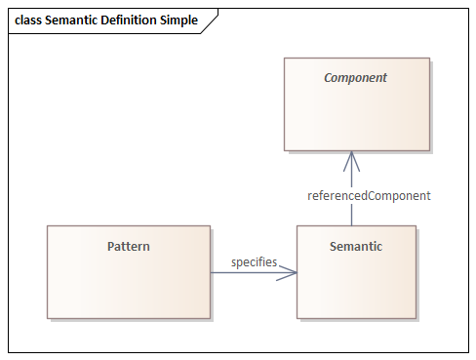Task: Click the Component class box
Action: [x=356, y=112]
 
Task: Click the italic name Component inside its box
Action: [x=356, y=77]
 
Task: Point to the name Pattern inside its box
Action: [x=128, y=246]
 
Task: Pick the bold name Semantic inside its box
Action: [x=356, y=246]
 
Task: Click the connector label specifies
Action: [x=254, y=262]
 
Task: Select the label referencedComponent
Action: [x=369, y=195]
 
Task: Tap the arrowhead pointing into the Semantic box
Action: [x=289, y=272]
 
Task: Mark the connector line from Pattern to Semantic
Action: [x=244, y=272]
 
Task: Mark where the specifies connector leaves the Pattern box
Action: [x=211, y=272]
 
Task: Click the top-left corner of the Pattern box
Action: [x=48, y=226]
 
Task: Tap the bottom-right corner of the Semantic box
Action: [x=416, y=318]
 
